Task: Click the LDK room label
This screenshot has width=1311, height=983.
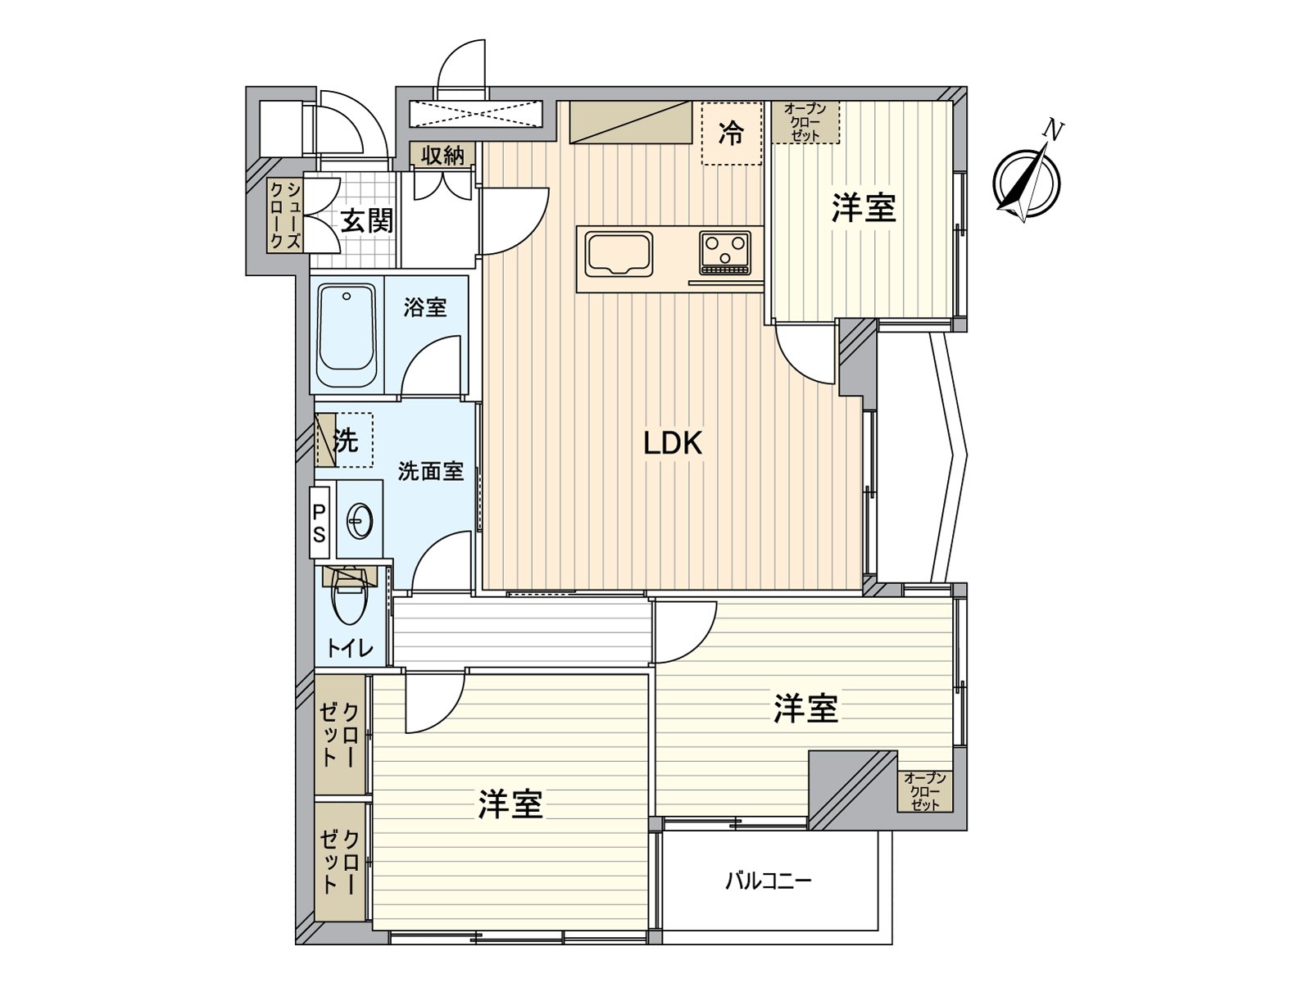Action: [673, 444]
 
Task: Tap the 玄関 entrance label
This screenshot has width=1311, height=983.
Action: [367, 220]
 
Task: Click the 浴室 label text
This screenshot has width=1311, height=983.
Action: [425, 308]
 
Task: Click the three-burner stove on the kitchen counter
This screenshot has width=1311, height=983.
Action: [725, 251]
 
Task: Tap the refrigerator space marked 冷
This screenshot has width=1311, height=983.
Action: [731, 133]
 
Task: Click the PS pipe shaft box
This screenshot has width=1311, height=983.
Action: [319, 523]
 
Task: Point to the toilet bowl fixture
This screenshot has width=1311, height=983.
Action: [348, 599]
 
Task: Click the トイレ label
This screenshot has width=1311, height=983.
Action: [350, 649]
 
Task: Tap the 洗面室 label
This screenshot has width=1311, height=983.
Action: [431, 472]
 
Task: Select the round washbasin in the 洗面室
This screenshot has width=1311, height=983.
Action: [361, 519]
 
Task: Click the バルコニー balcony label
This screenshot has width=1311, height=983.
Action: [768, 881]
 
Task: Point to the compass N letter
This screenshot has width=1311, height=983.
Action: [1055, 130]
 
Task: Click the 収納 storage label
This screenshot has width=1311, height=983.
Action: [443, 155]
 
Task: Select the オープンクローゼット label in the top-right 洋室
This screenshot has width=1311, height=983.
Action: [805, 121]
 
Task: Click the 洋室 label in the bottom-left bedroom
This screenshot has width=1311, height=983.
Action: [510, 804]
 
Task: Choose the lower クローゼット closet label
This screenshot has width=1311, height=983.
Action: [340, 861]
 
